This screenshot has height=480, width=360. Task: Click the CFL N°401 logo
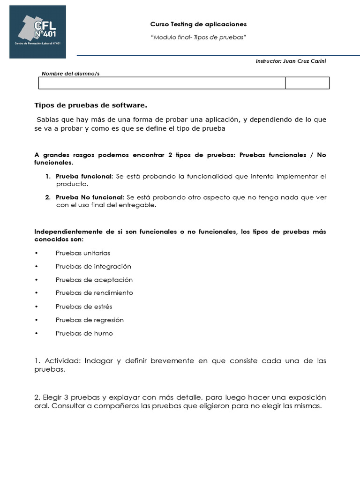[x=37, y=32]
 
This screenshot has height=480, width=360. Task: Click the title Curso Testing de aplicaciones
[x=198, y=24]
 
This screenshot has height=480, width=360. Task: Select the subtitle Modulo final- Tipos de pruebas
[x=198, y=37]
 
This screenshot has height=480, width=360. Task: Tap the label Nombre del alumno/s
[x=71, y=74]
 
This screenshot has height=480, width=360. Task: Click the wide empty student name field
[x=162, y=83]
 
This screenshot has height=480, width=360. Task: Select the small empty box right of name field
[x=307, y=83]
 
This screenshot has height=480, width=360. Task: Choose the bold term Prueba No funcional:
[x=90, y=197]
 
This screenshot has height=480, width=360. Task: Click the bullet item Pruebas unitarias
[x=83, y=253]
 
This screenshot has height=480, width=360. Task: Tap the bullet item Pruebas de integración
[x=93, y=266]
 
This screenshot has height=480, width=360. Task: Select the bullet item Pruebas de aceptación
[x=94, y=280]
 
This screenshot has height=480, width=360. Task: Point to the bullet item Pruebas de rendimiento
[x=94, y=293]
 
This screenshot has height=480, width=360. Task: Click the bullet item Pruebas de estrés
[x=84, y=307]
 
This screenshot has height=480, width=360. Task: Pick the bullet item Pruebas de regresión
[x=90, y=320]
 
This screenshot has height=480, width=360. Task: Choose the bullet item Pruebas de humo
[x=84, y=333]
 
